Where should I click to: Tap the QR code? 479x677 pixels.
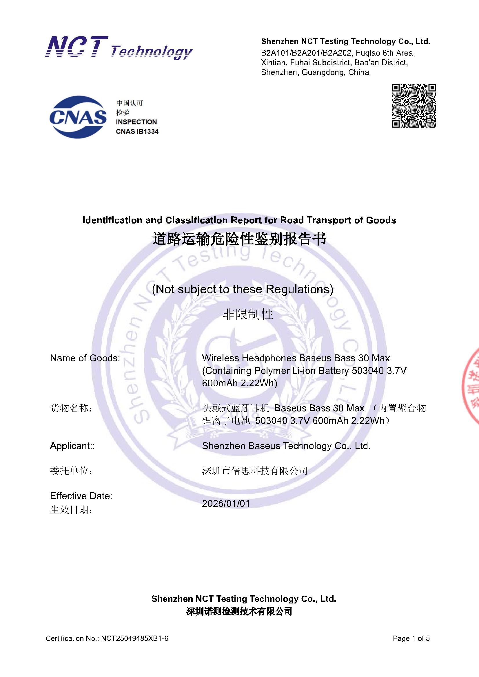tap(414, 106)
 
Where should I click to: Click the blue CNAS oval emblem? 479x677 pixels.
tap(78, 117)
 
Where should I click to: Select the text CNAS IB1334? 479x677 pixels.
tap(137, 131)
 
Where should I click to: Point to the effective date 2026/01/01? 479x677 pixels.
tap(226, 503)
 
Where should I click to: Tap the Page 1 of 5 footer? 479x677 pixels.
tap(411, 638)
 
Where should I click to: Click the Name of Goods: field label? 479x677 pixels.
tap(85, 358)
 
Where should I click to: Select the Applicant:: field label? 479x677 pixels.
tap(72, 446)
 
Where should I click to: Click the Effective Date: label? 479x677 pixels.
tap(81, 496)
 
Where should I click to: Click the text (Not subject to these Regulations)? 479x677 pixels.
tap(243, 289)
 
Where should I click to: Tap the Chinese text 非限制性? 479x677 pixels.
tap(248, 314)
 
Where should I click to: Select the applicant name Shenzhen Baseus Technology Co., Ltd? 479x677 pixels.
tap(286, 446)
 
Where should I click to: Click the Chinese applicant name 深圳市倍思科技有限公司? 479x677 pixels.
tap(255, 471)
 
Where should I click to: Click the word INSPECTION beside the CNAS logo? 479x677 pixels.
tap(136, 122)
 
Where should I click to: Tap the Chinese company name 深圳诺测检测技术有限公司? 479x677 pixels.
tap(239, 611)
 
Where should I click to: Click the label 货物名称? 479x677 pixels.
tap(71, 408)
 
